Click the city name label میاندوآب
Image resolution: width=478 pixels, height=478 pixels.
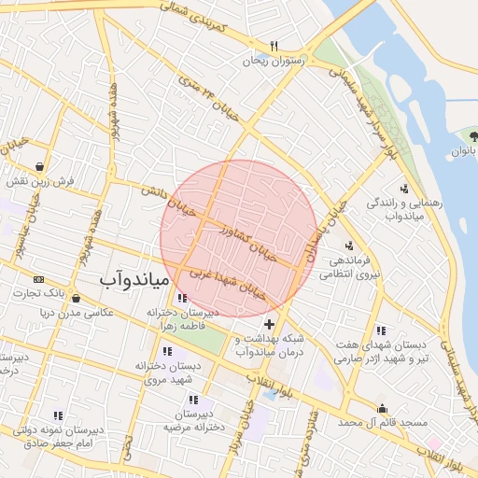(134, 278)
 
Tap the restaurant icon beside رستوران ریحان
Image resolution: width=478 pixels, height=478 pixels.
(274, 45)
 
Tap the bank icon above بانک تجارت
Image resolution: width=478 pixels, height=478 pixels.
(38, 279)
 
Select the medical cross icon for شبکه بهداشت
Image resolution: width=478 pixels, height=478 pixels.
(270, 324)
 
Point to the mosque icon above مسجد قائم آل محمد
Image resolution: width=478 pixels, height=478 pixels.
(382, 408)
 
